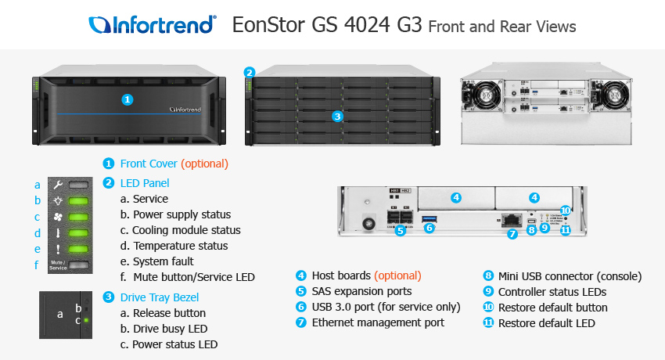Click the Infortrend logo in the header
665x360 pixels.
tap(153, 24)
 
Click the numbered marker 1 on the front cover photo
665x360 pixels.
tap(128, 99)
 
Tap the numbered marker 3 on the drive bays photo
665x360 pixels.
tap(337, 116)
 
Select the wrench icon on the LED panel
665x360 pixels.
tap(59, 185)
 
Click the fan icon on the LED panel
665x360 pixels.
tap(59, 217)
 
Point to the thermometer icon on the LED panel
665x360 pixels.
tap(59, 233)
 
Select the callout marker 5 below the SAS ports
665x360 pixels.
tap(400, 231)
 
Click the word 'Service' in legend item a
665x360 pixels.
tap(150, 200)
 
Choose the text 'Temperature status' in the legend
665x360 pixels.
tap(180, 246)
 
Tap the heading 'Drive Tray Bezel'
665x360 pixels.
tap(160, 297)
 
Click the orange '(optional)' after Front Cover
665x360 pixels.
tap(204, 164)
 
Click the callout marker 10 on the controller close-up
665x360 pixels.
tap(566, 211)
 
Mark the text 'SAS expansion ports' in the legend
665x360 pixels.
tap(361, 292)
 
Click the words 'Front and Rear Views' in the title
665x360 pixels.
tap(501, 27)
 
